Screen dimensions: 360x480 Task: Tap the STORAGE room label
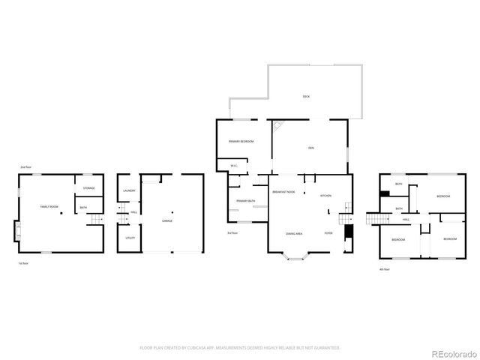(88, 187)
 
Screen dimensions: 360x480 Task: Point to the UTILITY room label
(129, 238)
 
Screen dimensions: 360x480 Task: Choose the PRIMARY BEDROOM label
(241, 142)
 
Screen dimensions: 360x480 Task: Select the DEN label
(310, 148)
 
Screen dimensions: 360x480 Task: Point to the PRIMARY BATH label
(246, 201)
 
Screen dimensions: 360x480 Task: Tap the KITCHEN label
(325, 196)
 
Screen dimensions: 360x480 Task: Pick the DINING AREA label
(293, 234)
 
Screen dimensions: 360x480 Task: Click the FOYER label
(328, 234)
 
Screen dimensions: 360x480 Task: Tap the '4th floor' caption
(385, 268)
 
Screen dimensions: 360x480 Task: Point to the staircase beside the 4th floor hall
(376, 219)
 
